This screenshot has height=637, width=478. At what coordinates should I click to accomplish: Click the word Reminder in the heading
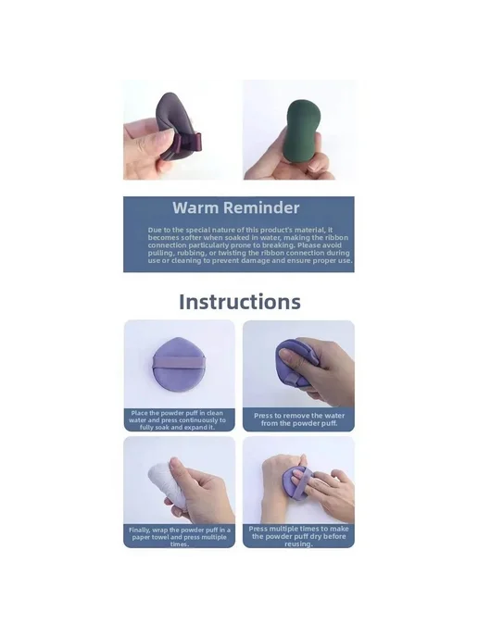[261, 207]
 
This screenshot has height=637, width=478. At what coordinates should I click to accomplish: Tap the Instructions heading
[240, 302]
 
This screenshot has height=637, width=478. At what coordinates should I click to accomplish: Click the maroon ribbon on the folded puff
[187, 143]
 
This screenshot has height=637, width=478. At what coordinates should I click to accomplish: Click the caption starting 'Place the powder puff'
[177, 420]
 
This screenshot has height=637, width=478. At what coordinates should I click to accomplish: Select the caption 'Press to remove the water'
[299, 419]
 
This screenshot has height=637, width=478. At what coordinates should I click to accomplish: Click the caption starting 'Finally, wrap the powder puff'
[180, 537]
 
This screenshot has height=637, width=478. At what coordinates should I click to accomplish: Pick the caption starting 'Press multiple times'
[298, 536]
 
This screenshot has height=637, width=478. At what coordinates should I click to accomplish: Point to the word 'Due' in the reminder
[155, 230]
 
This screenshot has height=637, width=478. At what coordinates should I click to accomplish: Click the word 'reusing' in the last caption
[298, 544]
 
